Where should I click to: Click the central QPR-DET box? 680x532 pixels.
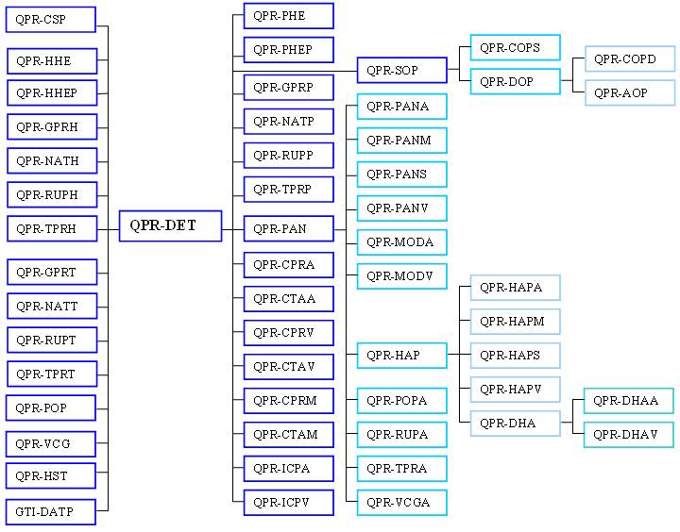tap(170, 226)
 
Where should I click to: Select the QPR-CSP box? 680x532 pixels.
tap(51, 20)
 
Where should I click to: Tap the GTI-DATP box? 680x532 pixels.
tap(51, 512)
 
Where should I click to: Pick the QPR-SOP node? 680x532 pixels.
tap(401, 71)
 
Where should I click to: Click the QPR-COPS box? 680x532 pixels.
tap(515, 48)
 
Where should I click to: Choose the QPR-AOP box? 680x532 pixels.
tap(629, 93)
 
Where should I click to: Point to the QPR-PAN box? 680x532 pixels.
tap(288, 229)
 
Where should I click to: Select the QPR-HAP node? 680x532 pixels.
tap(401, 356)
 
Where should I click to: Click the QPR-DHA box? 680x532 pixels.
tap(515, 424)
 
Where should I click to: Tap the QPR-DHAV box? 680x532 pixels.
tap(628, 435)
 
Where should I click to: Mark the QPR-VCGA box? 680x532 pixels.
tap(401, 503)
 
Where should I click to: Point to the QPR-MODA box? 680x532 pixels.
tap(401, 242)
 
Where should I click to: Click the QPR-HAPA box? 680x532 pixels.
tap(515, 288)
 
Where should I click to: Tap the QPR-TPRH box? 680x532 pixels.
tap(51, 229)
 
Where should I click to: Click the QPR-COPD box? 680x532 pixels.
tap(629, 59)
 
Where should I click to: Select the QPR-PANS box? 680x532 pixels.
tap(401, 175)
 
